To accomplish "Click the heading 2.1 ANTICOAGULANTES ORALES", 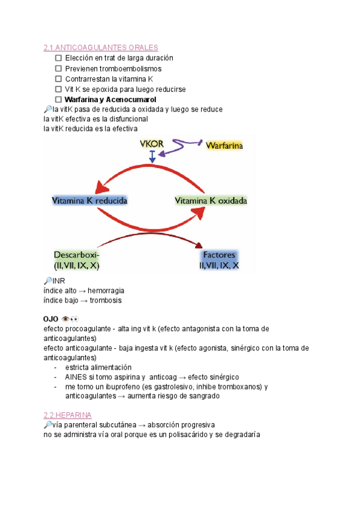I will click(x=101, y=47).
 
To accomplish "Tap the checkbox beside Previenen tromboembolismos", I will click(x=58, y=68).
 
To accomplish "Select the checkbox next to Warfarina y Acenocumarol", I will click(x=58, y=99).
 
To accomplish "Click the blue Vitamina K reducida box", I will click(x=89, y=201).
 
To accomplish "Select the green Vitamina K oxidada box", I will click(x=211, y=201).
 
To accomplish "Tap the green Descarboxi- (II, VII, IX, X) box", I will click(x=77, y=259).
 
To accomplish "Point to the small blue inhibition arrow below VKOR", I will click(x=153, y=157).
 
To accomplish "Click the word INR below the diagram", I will click(x=59, y=280).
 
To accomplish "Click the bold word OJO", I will click(x=51, y=319).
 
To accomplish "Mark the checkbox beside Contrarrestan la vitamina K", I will click(x=58, y=79).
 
